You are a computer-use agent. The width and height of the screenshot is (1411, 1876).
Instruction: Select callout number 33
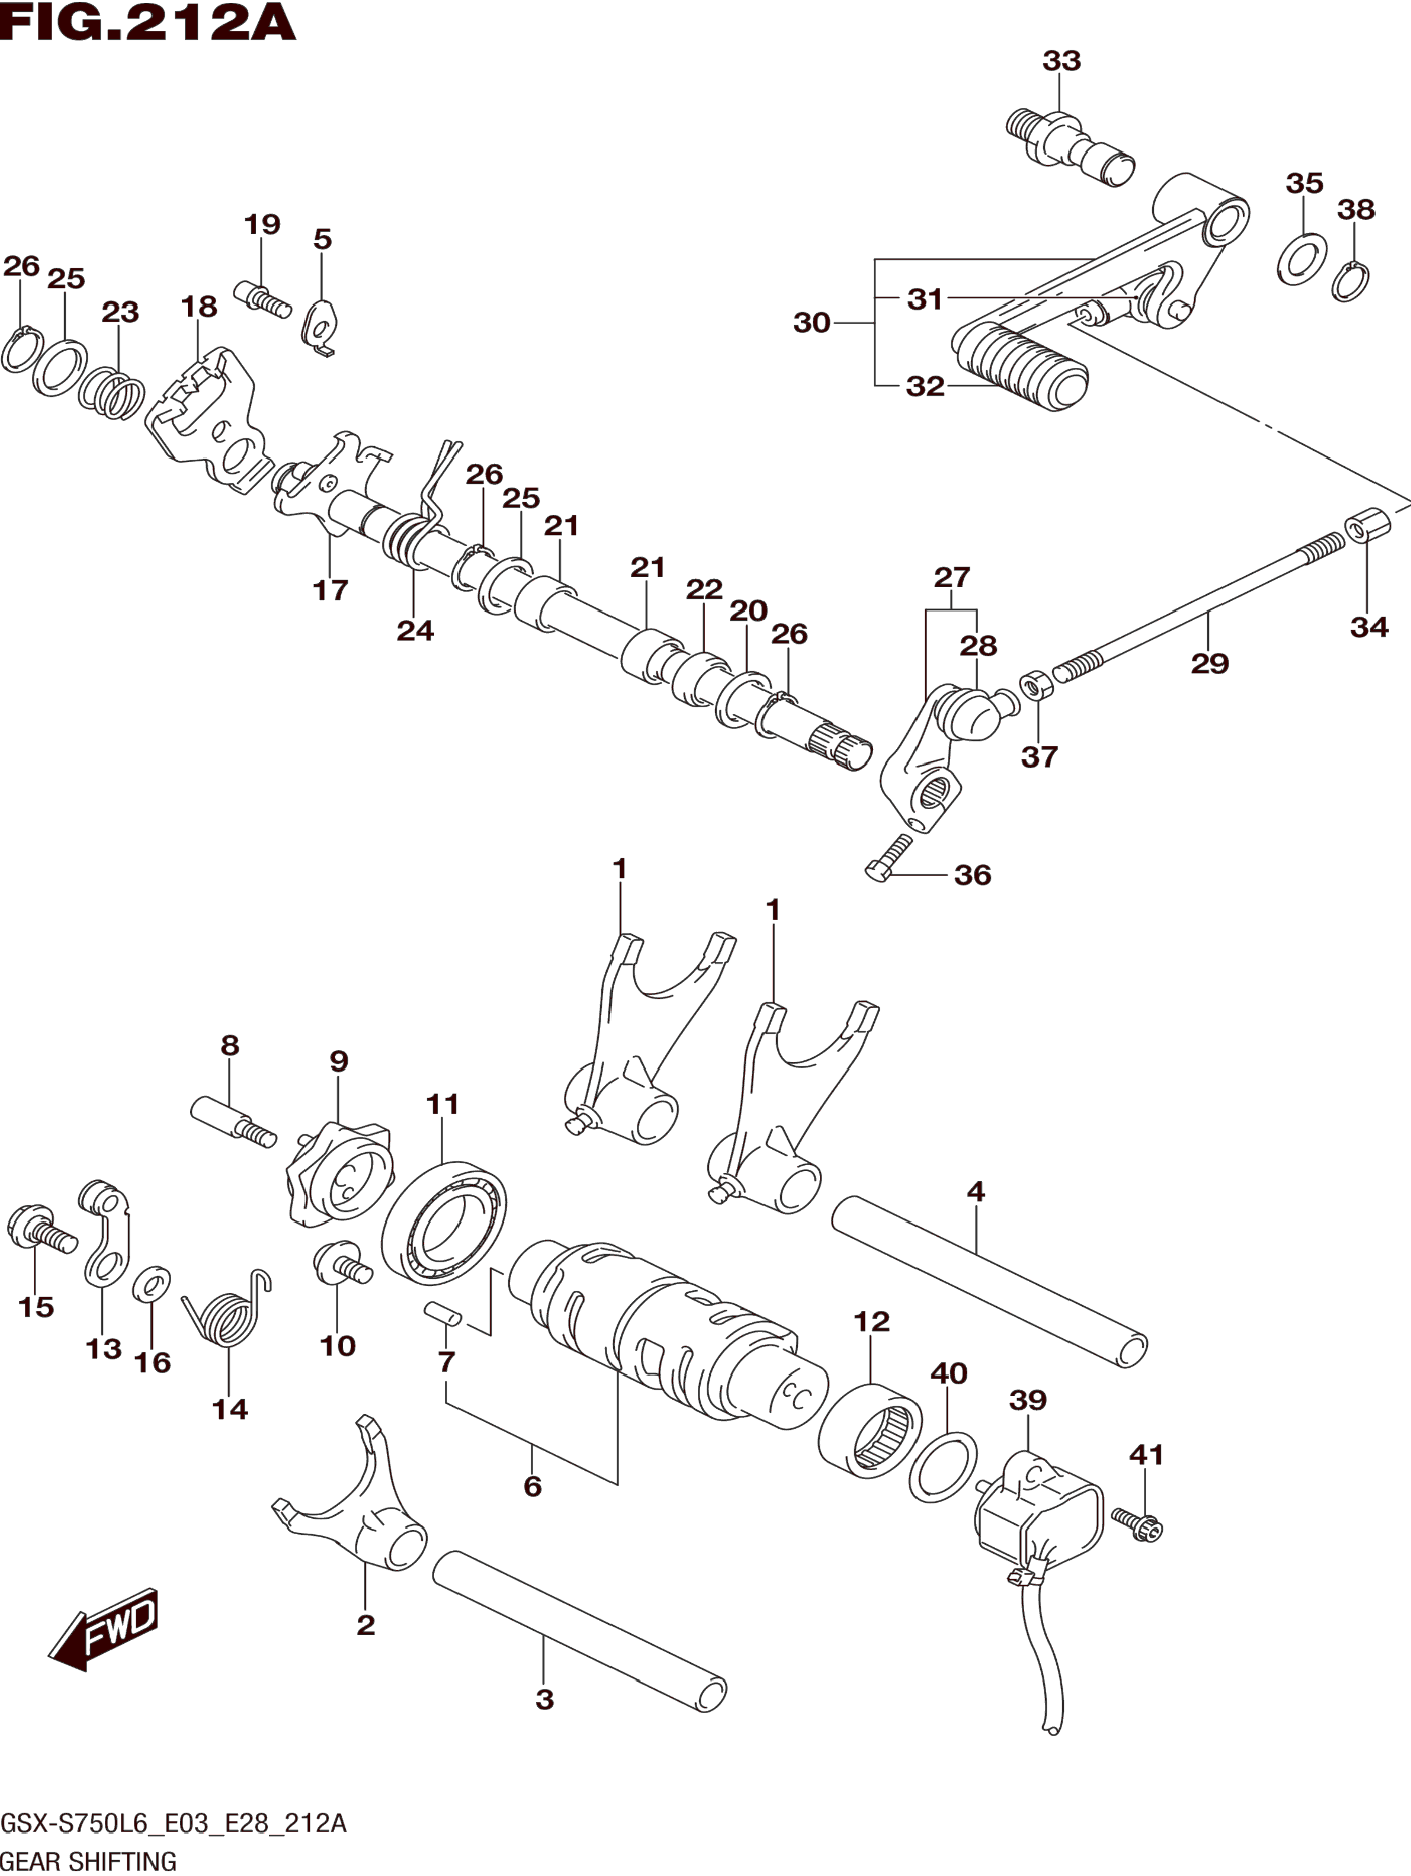(1062, 61)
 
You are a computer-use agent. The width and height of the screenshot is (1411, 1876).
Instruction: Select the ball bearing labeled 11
(444, 1224)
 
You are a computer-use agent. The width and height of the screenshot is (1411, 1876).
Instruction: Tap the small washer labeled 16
(152, 1285)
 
